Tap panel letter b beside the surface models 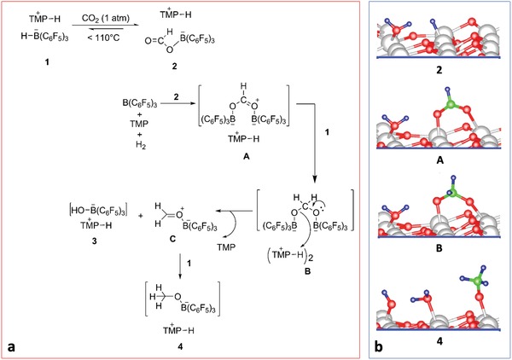point(380,347)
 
